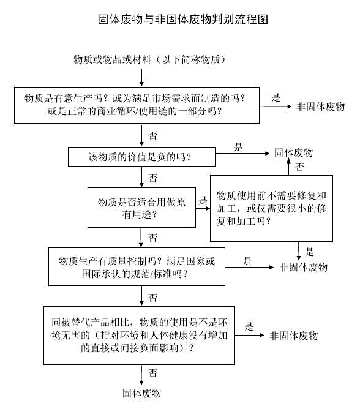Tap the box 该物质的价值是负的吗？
(x=141, y=157)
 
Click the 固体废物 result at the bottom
(x=141, y=393)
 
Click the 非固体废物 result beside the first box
(x=320, y=107)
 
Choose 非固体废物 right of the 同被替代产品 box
(x=293, y=336)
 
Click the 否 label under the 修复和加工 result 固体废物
(x=300, y=167)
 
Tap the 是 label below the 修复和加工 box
(x=309, y=252)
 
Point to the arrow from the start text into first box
(x=142, y=77)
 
